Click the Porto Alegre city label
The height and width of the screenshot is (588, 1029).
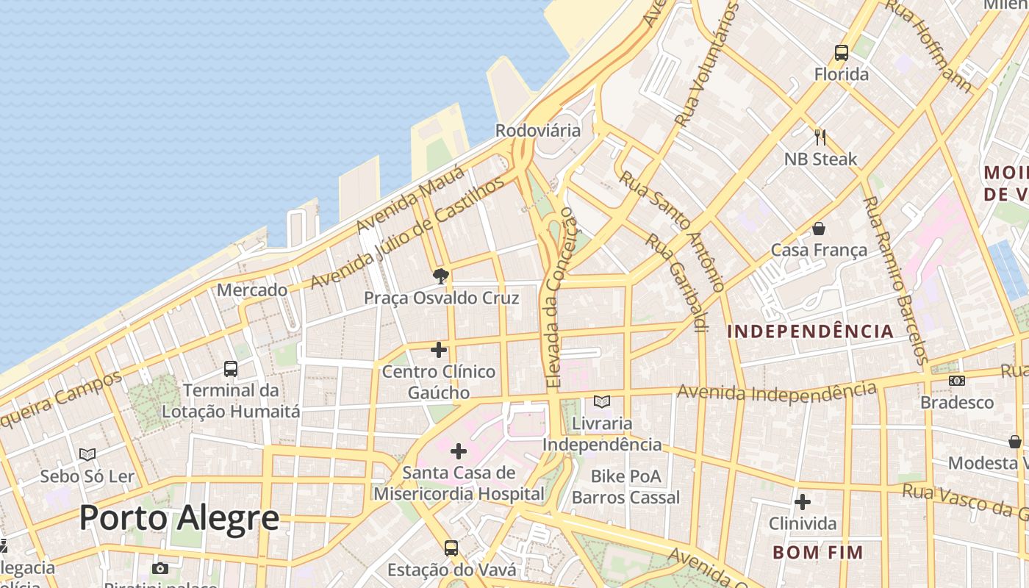tap(179, 518)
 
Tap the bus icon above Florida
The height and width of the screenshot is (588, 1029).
tap(842, 53)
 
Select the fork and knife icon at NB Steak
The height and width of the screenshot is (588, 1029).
tap(820, 137)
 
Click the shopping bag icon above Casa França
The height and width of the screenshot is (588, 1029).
tap(819, 229)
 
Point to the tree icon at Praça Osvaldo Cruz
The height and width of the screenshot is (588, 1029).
tap(441, 276)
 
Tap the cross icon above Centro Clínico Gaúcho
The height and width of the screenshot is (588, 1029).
tap(439, 350)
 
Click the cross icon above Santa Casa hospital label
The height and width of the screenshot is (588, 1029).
tap(459, 451)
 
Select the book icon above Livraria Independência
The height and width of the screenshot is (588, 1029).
tap(602, 402)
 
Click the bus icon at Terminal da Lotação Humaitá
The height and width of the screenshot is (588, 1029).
tap(231, 368)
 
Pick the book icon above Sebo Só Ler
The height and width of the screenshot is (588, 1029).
tap(87, 455)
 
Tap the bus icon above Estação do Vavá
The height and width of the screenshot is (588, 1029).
tap(451, 548)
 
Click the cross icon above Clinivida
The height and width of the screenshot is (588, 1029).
tap(803, 502)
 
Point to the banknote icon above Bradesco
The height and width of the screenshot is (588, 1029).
tap(956, 381)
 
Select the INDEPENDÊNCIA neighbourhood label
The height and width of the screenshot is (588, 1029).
tap(810, 331)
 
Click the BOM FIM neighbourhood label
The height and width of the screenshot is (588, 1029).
tap(817, 552)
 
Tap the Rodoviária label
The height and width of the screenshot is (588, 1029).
tap(538, 131)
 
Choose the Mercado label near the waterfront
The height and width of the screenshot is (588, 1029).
tap(252, 290)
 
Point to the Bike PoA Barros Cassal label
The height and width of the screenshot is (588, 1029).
tap(625, 487)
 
